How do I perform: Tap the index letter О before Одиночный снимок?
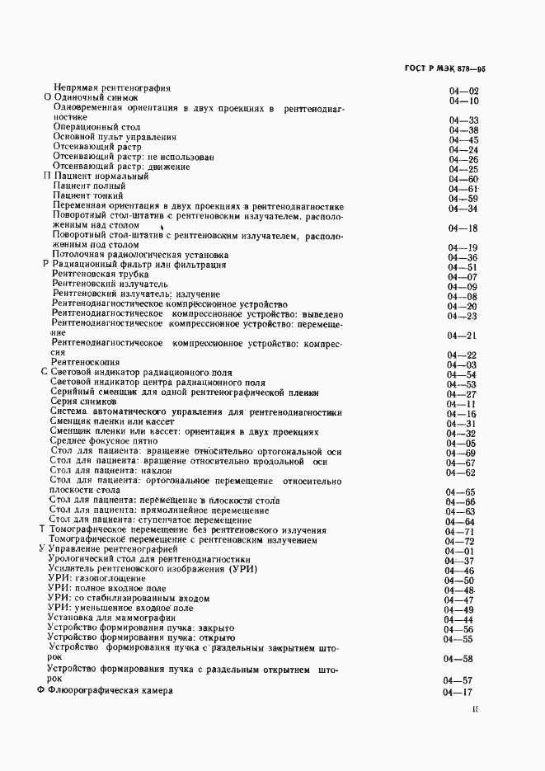coord(46,98)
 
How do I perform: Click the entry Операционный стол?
coord(96,129)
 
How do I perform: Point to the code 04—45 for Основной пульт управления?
coord(463,140)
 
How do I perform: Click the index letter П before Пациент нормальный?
coord(46,176)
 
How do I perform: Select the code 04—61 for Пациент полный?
coord(463,189)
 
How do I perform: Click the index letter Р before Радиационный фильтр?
coord(45,265)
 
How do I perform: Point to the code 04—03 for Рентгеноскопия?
coord(463,364)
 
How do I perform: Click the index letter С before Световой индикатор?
coord(45,374)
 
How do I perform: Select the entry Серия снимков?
coord(83,402)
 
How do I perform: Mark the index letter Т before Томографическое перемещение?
coord(42,529)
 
